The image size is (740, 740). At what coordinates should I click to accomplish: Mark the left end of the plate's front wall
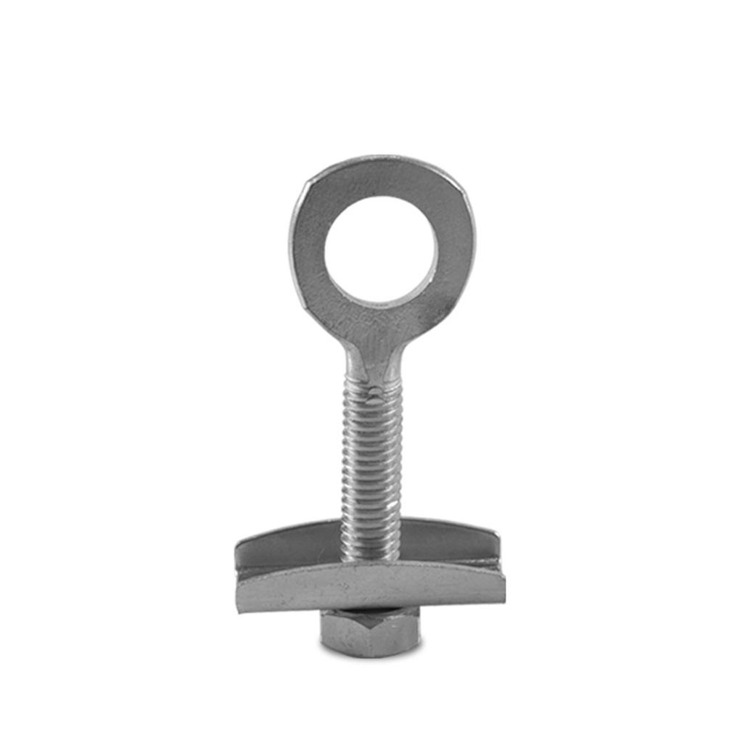coord(243,591)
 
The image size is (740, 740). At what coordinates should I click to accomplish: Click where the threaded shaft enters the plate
coord(370,555)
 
